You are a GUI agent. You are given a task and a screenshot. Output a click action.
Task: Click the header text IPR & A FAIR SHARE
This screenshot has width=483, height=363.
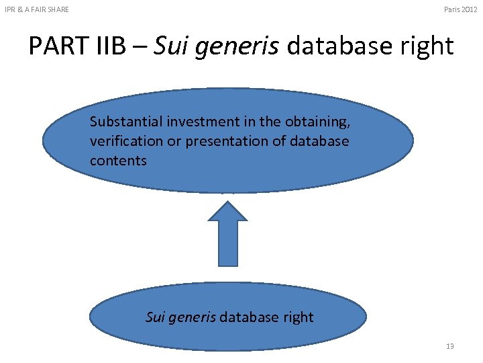point(37,9)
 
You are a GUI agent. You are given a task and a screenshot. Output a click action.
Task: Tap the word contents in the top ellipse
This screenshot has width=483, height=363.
point(118,161)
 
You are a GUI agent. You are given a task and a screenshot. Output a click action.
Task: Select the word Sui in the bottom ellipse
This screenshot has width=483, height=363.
point(156,317)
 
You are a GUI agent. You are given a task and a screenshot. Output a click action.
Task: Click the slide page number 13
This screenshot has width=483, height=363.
point(449,346)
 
